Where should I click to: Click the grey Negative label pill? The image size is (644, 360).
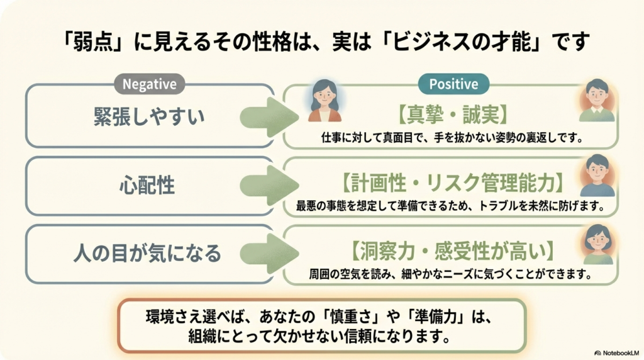[x=149, y=83]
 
